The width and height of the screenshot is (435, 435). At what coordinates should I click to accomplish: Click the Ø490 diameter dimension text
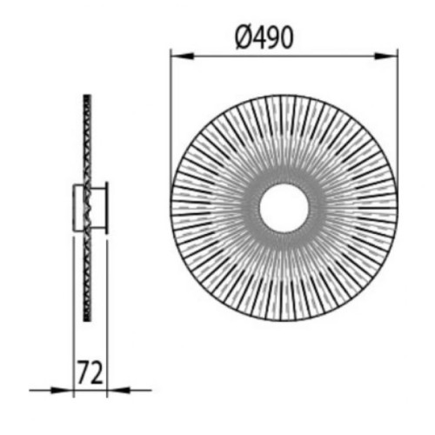pos(264,37)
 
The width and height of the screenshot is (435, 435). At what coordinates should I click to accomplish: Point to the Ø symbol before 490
pos(243,38)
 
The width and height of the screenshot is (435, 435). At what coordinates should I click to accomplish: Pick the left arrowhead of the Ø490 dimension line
pos(182,56)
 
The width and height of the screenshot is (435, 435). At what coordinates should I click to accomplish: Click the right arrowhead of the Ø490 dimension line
pos(385,56)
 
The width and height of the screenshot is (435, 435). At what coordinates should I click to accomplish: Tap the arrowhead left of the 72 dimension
pos(62,390)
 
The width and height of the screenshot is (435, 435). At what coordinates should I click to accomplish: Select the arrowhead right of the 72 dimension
pos(118,390)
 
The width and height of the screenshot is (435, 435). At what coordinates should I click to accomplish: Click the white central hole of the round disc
pos(284,208)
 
